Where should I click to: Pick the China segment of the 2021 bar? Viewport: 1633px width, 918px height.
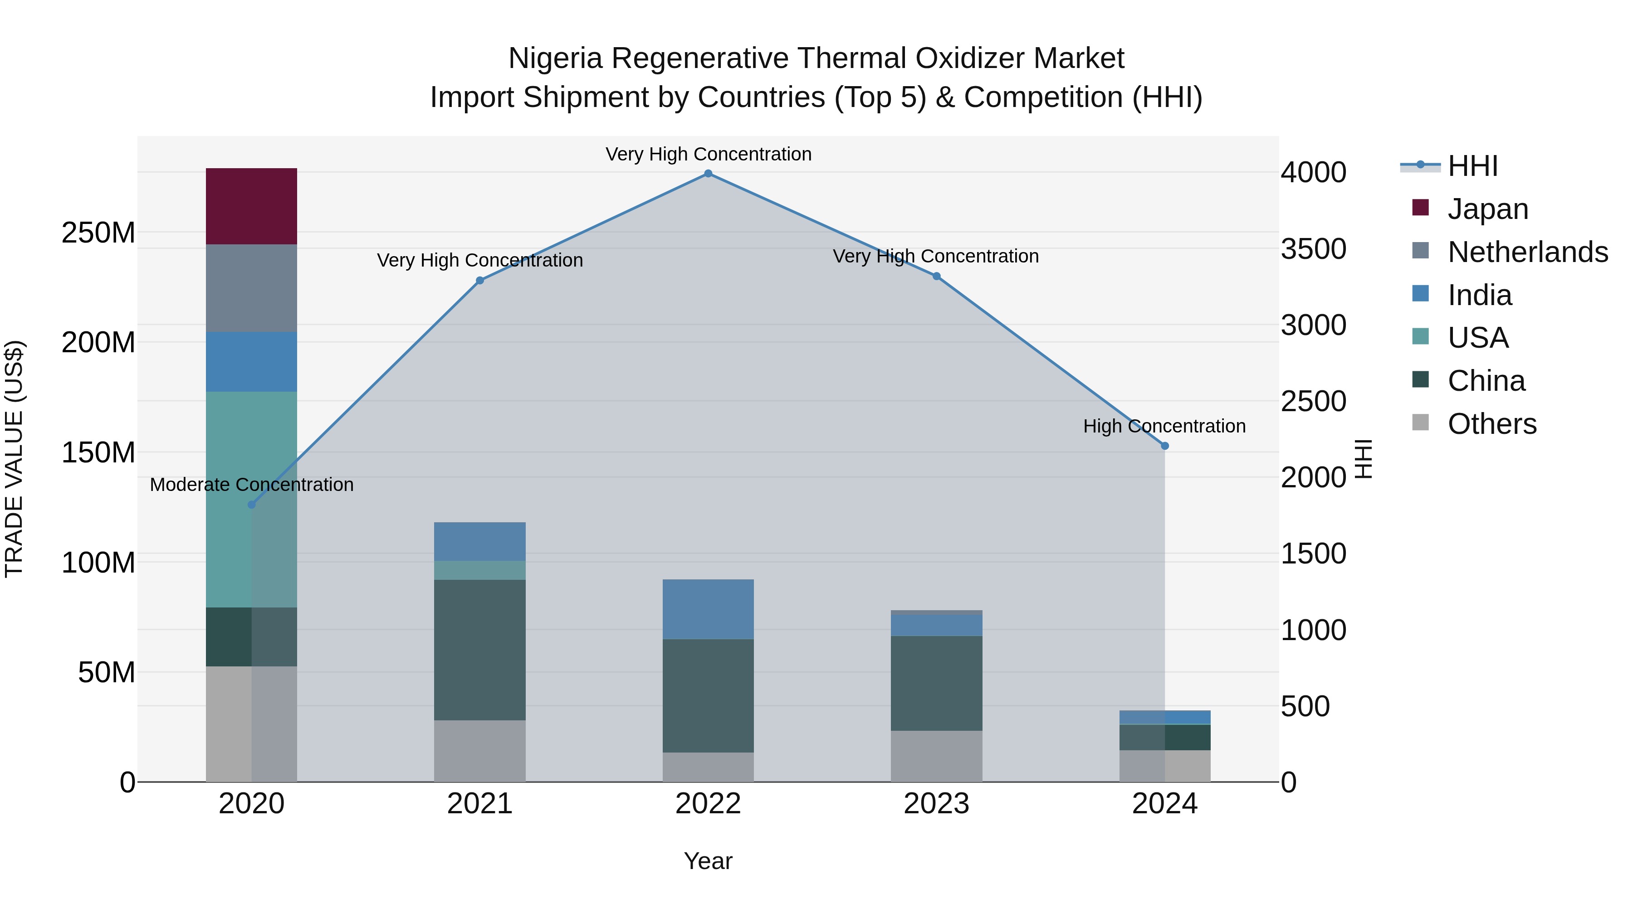point(479,649)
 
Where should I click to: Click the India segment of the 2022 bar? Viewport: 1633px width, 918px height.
point(708,609)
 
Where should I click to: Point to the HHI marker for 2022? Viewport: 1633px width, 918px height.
point(708,174)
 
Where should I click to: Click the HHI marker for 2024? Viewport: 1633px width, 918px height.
point(1164,446)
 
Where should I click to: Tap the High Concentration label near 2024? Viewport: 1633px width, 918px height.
point(1164,427)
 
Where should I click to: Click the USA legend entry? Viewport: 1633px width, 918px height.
point(1477,338)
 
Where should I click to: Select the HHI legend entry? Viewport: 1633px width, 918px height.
point(1472,166)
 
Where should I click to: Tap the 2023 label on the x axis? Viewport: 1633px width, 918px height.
point(936,804)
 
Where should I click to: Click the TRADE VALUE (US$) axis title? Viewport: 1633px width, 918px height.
point(14,459)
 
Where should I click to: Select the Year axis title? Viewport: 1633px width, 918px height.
point(708,861)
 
